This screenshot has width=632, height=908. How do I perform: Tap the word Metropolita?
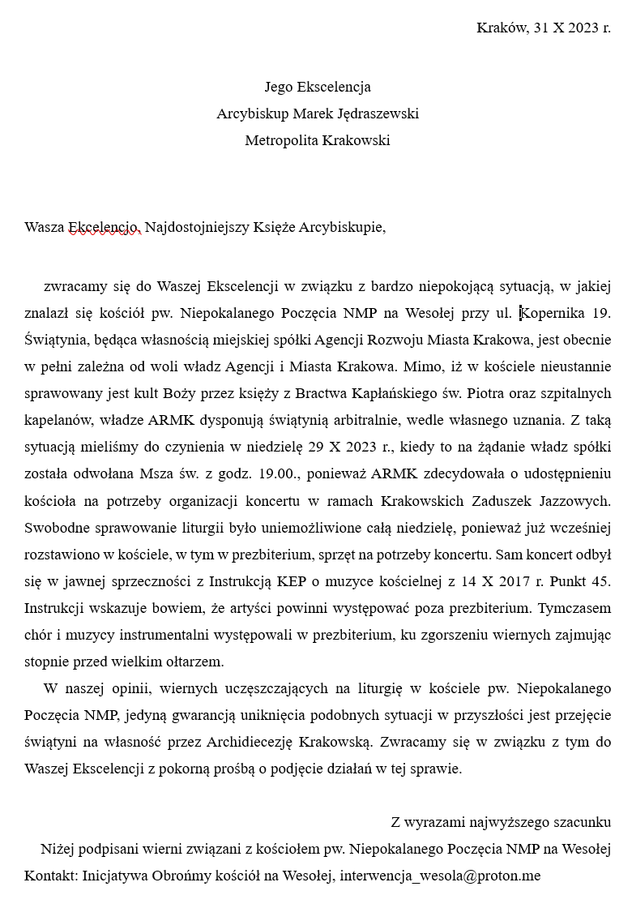[x=281, y=140]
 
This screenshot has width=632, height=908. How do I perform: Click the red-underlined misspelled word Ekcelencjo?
[x=105, y=227]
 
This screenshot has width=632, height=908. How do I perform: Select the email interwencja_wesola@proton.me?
[x=440, y=876]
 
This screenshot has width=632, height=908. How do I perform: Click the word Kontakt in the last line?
[x=50, y=876]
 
